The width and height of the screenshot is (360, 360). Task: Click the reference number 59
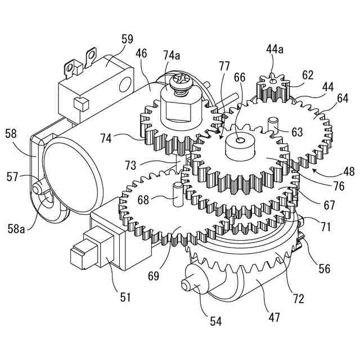(127, 39)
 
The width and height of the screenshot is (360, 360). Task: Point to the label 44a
(275, 50)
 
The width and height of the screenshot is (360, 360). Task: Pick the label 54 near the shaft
(216, 321)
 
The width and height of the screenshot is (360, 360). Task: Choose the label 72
(299, 298)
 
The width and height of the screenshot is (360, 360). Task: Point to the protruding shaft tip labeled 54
(186, 285)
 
